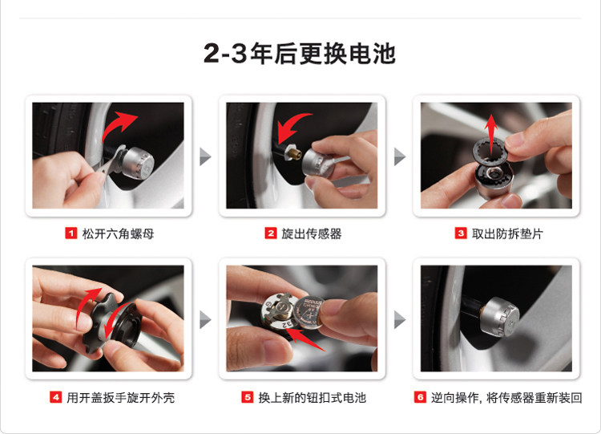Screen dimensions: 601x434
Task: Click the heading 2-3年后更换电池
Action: pos(300,53)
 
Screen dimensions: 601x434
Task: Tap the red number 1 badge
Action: pos(71,233)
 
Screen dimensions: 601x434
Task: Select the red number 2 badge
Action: pos(271,233)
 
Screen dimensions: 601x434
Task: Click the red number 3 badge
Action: pos(461,233)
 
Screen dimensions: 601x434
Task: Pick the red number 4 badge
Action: pos(56,397)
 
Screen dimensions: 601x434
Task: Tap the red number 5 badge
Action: pos(248,397)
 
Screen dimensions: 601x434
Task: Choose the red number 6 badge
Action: pos(420,397)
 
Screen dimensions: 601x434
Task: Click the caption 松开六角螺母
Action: pos(118,233)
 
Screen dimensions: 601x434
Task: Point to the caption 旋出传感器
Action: pos(311,233)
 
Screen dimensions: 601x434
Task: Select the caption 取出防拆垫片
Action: pos(507,233)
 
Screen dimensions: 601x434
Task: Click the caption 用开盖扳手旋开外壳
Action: pos(121,398)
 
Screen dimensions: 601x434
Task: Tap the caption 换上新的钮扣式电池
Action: pos(313,398)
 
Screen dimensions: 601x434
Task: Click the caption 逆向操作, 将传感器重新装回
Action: pos(506,398)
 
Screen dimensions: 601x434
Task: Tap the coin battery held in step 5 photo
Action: pos(309,311)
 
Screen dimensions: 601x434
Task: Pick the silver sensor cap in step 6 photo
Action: pos(500,317)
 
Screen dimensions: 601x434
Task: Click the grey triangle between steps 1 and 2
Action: pos(205,156)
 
